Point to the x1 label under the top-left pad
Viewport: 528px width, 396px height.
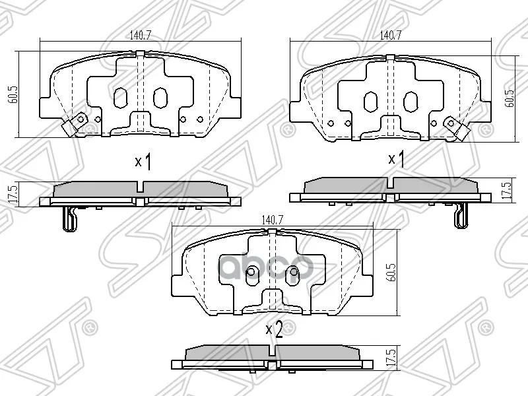pos(143,162)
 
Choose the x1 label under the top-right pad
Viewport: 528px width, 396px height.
pos(397,158)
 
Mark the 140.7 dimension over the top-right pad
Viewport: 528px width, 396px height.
pos(388,36)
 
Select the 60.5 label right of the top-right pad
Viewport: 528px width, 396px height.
pos(510,97)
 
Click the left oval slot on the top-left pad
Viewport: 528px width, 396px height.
pos(120,98)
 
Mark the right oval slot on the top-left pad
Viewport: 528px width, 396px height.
pos(160,98)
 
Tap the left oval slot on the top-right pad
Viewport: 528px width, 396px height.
pos(370,101)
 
